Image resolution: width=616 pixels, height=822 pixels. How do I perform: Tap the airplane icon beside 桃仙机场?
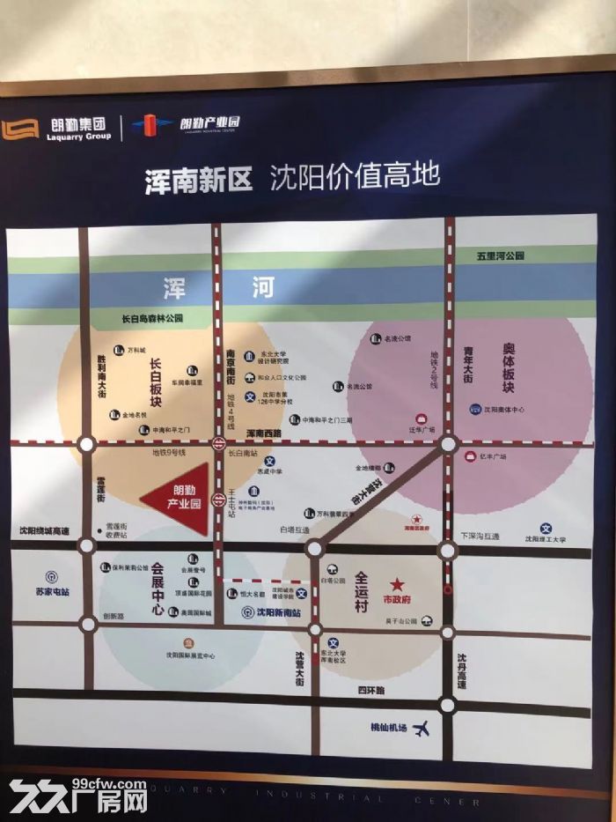422,728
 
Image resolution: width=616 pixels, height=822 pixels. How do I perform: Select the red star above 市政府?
397,584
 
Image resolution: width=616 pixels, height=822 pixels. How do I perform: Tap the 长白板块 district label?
155,382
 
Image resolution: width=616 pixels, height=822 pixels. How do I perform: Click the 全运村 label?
361,592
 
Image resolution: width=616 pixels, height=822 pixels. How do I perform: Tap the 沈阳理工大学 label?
546,538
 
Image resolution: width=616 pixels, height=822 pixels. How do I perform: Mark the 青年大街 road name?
468,365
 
